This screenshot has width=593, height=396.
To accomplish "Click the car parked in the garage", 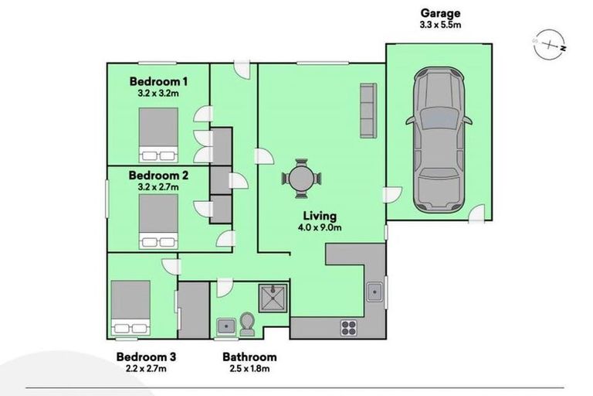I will [x=438, y=139].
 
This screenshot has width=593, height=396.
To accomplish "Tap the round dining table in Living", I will [x=301, y=178].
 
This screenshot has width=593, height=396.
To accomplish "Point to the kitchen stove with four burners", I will [x=348, y=327].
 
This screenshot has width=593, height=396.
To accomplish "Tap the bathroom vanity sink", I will [x=226, y=326].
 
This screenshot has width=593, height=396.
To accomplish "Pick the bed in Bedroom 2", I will [x=158, y=220].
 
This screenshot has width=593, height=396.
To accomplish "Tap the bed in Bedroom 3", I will [x=130, y=307].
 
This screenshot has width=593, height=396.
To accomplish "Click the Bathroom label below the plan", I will [x=249, y=357].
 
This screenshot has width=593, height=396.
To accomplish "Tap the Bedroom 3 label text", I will [x=147, y=357].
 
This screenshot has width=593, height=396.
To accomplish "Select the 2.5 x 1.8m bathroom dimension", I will [x=249, y=369].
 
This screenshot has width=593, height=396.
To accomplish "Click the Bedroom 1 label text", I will [x=158, y=81].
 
